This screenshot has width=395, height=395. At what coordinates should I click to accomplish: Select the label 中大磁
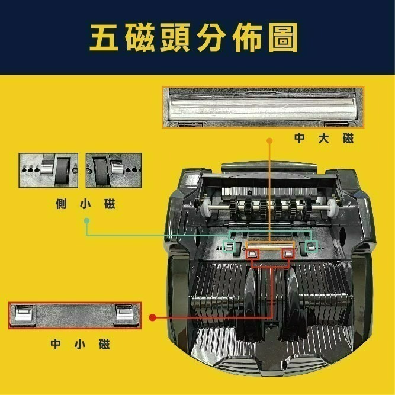(x=324, y=139)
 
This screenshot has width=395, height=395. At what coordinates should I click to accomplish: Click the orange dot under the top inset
(x=269, y=140)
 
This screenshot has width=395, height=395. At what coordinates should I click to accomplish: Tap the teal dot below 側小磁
(x=87, y=220)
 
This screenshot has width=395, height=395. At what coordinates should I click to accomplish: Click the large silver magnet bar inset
(x=262, y=107)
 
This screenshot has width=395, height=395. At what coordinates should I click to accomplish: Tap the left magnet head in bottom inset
(x=23, y=314)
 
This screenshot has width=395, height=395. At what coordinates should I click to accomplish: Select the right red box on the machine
(x=288, y=253)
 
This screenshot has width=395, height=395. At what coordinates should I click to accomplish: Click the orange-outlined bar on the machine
(x=270, y=244)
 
